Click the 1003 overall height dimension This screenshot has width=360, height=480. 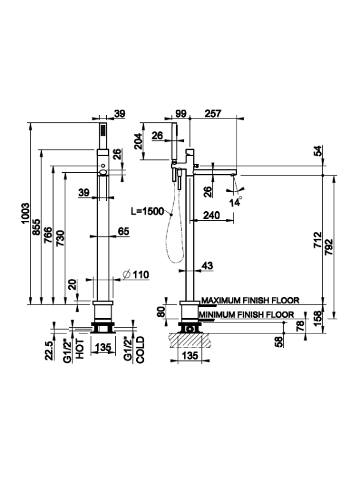click(26, 213)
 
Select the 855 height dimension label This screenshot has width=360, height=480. click(36, 227)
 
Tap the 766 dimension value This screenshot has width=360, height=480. click(48, 235)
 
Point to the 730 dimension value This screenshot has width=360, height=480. click(60, 238)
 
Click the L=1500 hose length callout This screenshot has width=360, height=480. click(148, 211)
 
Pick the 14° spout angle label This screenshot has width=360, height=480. click(235, 202)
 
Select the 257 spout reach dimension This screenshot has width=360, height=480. click(212, 113)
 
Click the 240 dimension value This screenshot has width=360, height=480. click(212, 215)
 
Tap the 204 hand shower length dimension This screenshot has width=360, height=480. click(138, 141)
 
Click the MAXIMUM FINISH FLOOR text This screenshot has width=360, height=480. click(250, 300)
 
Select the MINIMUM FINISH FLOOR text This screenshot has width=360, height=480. click(246, 314)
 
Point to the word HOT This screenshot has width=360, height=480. click(80, 349)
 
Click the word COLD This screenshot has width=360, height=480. click(140, 350)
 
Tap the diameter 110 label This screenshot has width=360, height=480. click(136, 275)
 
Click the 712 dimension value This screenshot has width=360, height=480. click(318, 240)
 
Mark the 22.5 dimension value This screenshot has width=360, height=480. click(49, 351)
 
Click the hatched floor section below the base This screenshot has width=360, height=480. click(191, 340)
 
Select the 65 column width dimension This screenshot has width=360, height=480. click(123, 231)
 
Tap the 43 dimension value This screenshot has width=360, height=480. click(207, 266)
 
